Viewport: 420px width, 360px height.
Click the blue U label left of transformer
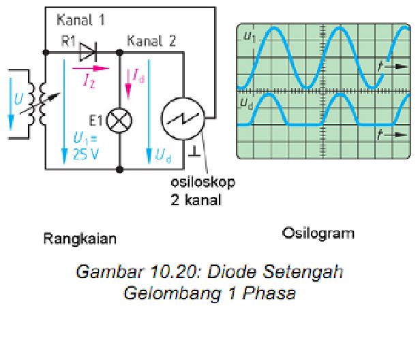coord(17,99)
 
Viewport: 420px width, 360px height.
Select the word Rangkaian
coord(80,239)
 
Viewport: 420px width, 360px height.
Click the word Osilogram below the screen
coord(318,234)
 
